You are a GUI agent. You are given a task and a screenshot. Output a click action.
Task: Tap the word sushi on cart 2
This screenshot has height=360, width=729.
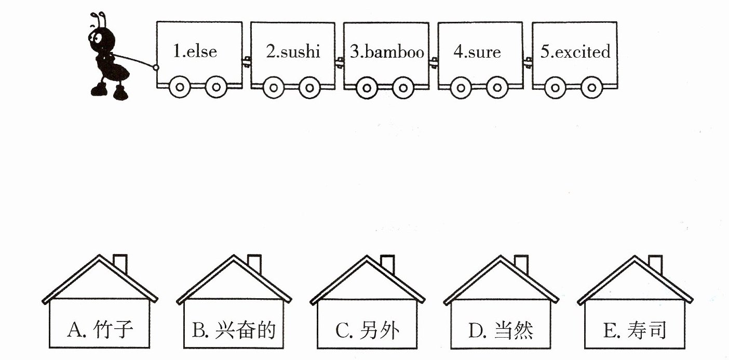click(x=300, y=51)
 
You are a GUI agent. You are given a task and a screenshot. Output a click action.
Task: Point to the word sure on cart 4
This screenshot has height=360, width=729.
click(x=484, y=52)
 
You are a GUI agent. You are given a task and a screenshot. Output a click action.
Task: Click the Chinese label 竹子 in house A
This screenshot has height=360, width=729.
click(x=113, y=329)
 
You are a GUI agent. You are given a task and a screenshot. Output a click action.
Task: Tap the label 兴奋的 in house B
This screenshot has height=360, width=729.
click(x=246, y=330)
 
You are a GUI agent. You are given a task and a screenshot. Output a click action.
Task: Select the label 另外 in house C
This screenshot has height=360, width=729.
click(x=380, y=330)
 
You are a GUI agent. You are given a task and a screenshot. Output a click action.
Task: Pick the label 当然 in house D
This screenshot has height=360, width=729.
click(x=513, y=330)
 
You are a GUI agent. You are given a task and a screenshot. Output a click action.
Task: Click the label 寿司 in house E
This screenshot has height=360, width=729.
click(x=647, y=330)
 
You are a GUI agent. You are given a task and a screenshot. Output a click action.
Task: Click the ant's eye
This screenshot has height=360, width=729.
click(x=97, y=37)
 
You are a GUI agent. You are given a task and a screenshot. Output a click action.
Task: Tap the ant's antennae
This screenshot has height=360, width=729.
click(x=99, y=20)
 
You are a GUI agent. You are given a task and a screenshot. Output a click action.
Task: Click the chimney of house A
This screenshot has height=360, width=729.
click(x=120, y=264)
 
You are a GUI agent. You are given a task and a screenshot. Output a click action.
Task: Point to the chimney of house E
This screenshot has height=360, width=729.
click(x=655, y=264)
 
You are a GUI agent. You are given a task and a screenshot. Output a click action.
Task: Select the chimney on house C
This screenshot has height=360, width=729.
click(x=388, y=264)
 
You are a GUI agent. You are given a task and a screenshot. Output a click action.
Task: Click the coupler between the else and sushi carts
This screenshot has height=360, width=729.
click(x=246, y=61)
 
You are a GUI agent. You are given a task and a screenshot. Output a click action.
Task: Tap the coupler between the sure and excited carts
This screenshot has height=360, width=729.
click(x=528, y=62)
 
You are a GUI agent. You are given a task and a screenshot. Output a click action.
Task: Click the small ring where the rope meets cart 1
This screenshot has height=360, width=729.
click(x=156, y=68)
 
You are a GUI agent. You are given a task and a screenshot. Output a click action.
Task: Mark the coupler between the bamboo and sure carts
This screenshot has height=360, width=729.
click(x=433, y=62)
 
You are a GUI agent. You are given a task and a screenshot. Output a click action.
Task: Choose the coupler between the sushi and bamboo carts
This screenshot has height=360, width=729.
click(x=340, y=62)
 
